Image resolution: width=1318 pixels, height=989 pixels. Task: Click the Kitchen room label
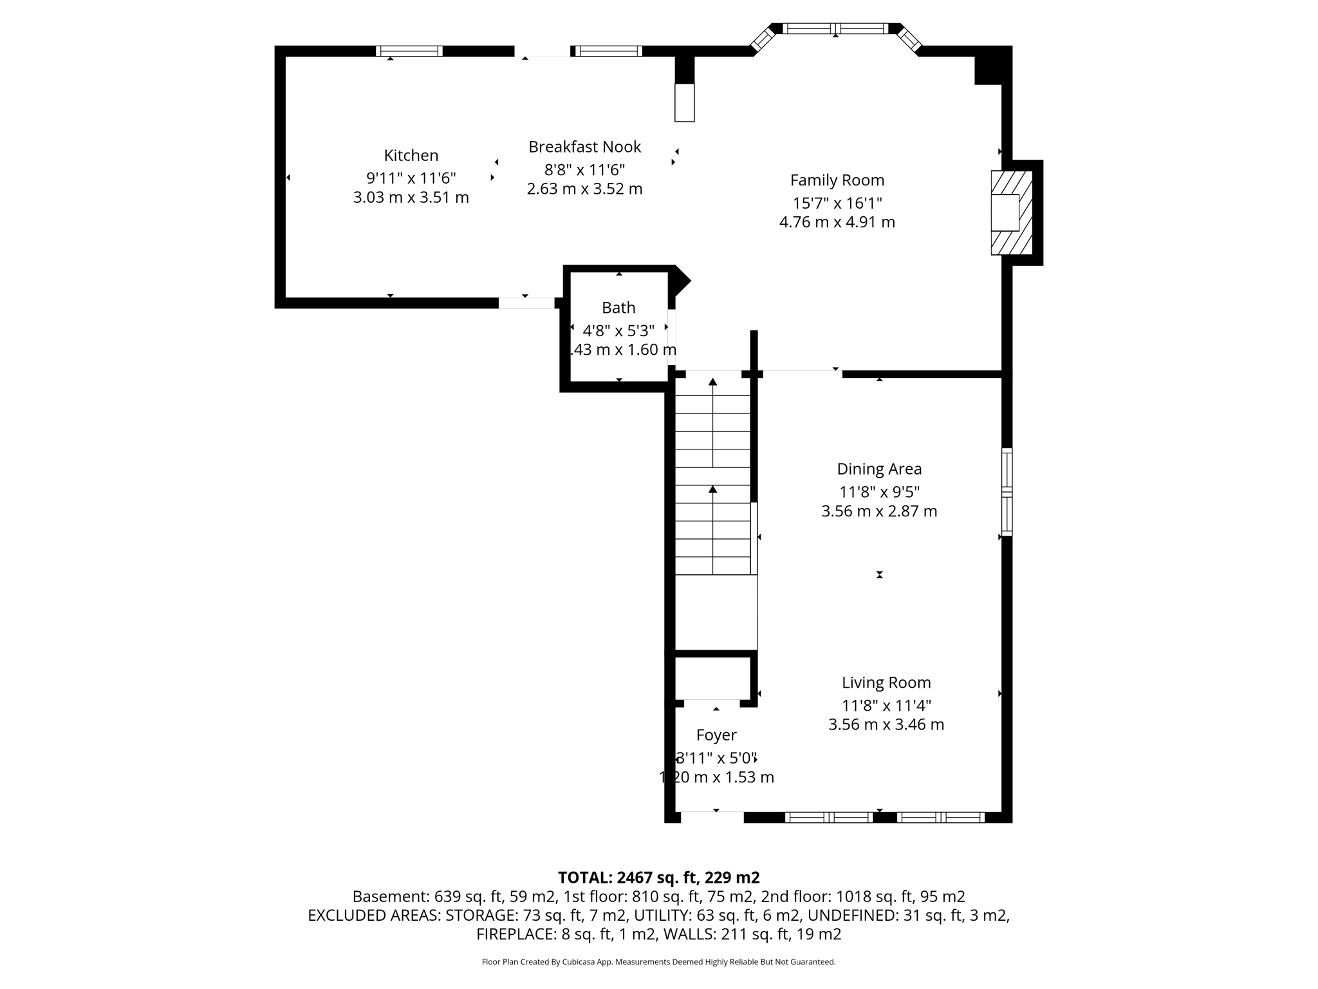click(x=411, y=155)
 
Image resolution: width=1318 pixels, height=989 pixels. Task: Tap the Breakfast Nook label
click(x=584, y=147)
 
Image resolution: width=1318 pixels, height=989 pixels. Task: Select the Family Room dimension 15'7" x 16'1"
click(x=837, y=203)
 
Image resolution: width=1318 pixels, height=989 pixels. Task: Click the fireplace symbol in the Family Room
click(x=1010, y=212)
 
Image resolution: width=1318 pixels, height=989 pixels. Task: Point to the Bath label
click(x=618, y=308)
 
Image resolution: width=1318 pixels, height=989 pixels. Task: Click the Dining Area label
click(x=879, y=469)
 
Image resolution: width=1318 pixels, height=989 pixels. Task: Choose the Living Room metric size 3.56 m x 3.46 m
click(x=886, y=724)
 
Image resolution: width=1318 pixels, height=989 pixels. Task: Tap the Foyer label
click(x=716, y=735)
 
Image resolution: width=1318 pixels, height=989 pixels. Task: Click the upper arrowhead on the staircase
click(x=712, y=382)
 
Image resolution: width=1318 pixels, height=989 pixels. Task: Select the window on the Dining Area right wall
click(x=1007, y=492)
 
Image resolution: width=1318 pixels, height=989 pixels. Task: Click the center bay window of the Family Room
click(x=835, y=28)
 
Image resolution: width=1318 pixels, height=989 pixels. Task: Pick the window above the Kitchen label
click(x=409, y=51)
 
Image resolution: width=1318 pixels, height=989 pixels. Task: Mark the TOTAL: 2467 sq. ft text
click(x=658, y=878)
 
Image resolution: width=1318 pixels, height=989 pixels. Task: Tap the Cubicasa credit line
click(x=658, y=962)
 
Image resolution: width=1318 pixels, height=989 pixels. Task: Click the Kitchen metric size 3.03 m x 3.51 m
click(x=411, y=198)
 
